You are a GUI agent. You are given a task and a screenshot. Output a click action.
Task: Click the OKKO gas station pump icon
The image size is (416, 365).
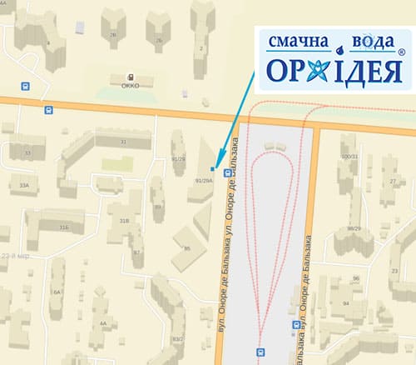coord(128,73)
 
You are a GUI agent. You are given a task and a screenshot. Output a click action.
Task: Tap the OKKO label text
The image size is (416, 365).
coord(129,82)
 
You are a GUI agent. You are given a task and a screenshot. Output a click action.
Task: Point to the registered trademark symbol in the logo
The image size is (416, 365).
coord(402,51)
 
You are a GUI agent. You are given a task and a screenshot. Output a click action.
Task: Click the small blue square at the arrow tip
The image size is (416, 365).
coord(213,168)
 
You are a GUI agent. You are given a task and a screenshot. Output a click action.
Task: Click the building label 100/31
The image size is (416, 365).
coord(349,156)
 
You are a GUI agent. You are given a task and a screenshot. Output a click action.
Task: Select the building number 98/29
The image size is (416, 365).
coord(354,228)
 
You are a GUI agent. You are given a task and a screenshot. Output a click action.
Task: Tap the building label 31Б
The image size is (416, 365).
coord(125,220)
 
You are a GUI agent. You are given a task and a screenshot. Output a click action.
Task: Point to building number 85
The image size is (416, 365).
coord(187,247)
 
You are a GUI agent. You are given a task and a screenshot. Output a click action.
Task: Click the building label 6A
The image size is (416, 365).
coord(57,292)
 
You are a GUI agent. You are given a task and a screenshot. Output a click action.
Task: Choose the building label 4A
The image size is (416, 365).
coord(103,322)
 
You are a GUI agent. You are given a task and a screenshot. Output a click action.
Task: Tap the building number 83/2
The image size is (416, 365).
coord(177,338)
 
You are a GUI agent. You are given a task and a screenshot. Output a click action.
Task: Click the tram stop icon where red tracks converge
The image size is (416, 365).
coord(260,352)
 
